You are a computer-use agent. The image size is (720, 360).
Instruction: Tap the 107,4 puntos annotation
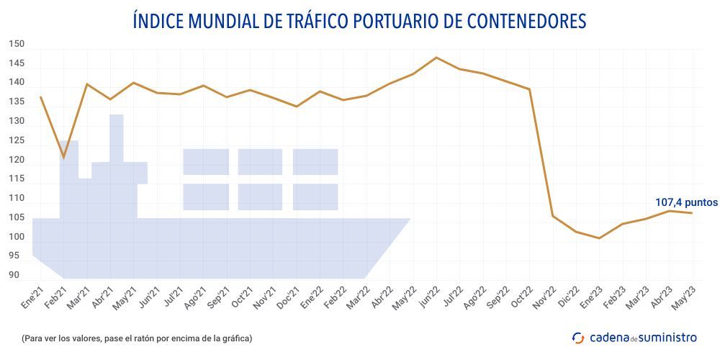[686, 202]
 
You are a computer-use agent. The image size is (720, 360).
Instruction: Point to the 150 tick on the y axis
[17, 45]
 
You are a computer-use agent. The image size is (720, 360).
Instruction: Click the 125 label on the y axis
[17, 140]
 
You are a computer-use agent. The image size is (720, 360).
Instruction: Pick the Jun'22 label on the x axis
[430, 296]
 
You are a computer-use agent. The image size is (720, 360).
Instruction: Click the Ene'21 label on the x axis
[33, 296]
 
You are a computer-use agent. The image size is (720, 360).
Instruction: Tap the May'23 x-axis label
[685, 296]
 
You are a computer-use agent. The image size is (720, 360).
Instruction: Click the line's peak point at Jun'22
[436, 58]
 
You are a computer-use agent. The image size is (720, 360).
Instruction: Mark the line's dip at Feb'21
[63, 157]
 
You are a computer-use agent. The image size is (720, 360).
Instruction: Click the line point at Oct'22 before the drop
[530, 89]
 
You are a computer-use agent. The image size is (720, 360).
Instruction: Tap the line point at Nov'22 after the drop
[552, 216]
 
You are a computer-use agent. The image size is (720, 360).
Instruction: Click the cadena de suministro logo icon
[578, 337]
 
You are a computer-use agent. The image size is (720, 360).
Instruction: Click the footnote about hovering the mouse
[137, 338]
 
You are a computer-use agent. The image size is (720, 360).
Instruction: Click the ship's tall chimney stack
[117, 137]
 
